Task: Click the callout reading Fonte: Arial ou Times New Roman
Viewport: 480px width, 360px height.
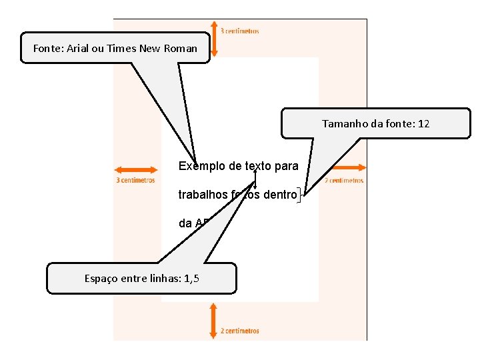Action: (115, 48)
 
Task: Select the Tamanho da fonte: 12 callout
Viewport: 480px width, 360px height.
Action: (376, 123)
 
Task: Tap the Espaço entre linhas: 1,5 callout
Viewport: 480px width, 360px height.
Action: (141, 278)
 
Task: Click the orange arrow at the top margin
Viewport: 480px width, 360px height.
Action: (213, 37)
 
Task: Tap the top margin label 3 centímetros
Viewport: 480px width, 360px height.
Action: (240, 31)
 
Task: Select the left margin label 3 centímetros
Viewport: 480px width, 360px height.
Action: (135, 180)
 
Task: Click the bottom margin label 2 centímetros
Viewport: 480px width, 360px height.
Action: (240, 331)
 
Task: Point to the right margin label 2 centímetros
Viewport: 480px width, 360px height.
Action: (344, 180)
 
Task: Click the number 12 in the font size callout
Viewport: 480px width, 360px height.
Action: (424, 123)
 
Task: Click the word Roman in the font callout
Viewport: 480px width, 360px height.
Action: (183, 48)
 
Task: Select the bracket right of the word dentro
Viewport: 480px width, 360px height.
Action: (301, 195)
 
